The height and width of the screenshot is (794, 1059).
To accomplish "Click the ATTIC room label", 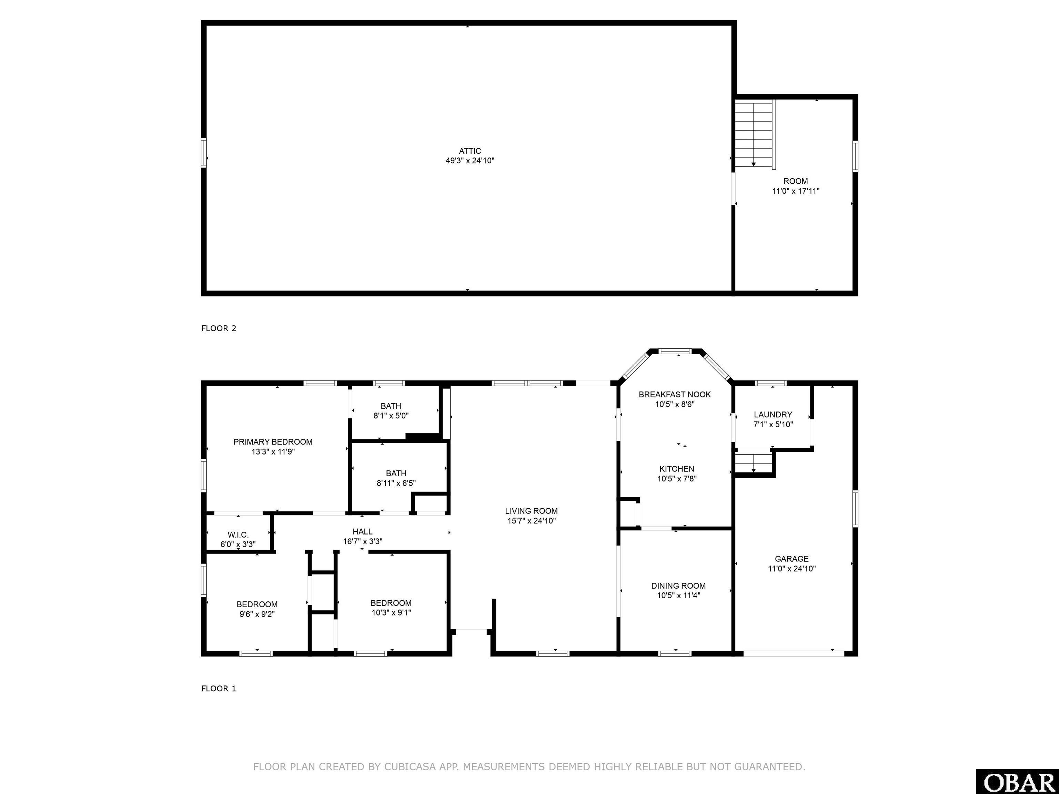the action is pyautogui.click(x=470, y=151).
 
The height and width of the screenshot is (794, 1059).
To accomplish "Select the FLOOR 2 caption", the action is pyautogui.click(x=219, y=328).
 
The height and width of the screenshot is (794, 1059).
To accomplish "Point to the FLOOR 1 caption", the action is pyautogui.click(x=219, y=689).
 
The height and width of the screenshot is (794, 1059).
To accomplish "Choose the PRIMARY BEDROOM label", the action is pyautogui.click(x=273, y=442).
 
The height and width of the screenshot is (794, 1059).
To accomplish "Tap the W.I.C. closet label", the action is pyautogui.click(x=238, y=535).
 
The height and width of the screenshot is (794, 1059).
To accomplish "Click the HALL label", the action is pyautogui.click(x=362, y=532).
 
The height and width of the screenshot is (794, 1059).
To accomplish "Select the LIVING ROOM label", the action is pyautogui.click(x=532, y=511).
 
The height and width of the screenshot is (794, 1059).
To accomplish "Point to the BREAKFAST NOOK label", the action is pyautogui.click(x=675, y=394).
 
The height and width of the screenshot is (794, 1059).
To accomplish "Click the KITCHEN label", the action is pyautogui.click(x=676, y=469).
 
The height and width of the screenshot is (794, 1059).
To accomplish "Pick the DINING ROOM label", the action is pyautogui.click(x=678, y=586).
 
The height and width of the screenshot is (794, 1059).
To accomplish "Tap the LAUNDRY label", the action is pyautogui.click(x=773, y=415).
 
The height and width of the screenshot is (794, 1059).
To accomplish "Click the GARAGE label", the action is pyautogui.click(x=791, y=559).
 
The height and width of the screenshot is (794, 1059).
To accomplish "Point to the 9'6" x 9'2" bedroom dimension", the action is pyautogui.click(x=257, y=614).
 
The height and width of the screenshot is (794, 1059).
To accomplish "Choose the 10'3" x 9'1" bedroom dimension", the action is pyautogui.click(x=391, y=613).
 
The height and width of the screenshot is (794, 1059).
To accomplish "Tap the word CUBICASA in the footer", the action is pyautogui.click(x=410, y=767).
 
